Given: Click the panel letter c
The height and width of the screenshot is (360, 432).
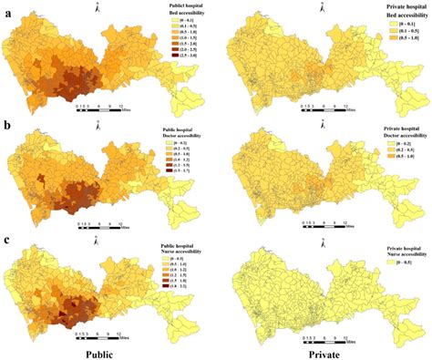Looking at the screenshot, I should pyautogui.click(x=7, y=239).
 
